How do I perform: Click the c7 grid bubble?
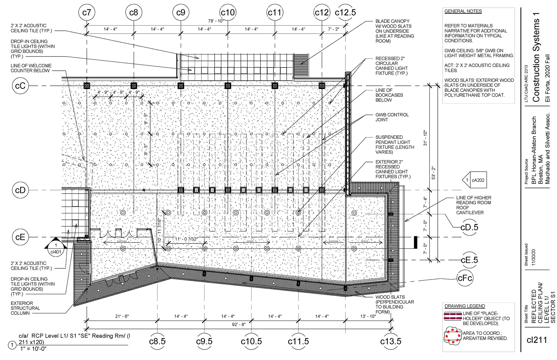point(87,12)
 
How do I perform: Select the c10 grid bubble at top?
point(228,12)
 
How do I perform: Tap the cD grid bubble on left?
point(20,190)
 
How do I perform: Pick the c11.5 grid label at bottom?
point(298,341)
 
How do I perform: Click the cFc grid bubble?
point(465,278)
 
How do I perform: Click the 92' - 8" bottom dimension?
point(238,324)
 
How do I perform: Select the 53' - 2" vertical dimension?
point(433,173)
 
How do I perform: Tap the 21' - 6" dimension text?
point(122,316)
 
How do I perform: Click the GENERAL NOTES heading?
point(463,11)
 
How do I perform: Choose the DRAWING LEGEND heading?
point(465,306)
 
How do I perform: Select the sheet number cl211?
point(537,340)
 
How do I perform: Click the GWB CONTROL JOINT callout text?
point(392,117)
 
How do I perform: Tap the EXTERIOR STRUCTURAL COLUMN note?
point(26,308)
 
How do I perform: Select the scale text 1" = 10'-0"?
point(33,349)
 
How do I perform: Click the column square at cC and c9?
point(181,86)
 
